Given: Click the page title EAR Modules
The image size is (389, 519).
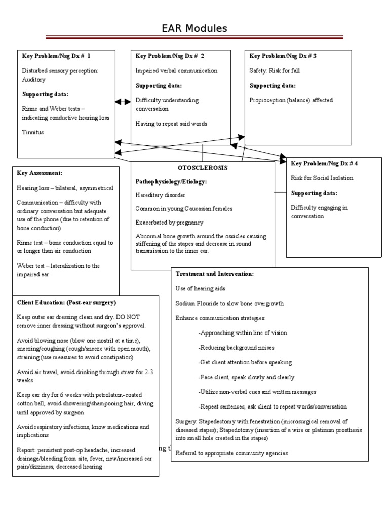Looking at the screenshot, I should click(x=194, y=28).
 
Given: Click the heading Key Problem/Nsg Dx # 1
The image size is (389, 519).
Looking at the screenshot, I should click(x=56, y=56).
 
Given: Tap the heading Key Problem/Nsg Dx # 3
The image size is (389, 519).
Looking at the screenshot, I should click(x=283, y=56).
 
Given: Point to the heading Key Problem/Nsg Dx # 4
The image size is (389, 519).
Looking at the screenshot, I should click(x=325, y=163).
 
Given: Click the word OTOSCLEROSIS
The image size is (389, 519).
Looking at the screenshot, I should click(x=203, y=168).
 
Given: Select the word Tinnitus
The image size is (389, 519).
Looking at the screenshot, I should click(x=33, y=132).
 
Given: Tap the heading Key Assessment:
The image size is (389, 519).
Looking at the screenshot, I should click(x=40, y=173).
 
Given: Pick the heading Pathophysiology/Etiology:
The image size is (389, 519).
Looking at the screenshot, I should click(x=171, y=181).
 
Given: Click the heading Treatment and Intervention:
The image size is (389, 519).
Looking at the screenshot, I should click(x=215, y=274).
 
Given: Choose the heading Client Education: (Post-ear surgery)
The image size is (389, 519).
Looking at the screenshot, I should click(x=66, y=302).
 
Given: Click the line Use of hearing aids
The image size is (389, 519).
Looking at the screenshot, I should click(x=201, y=288).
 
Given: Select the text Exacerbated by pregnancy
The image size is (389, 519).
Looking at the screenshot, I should click(x=169, y=223).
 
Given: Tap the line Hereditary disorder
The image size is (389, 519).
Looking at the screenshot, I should click(x=160, y=195).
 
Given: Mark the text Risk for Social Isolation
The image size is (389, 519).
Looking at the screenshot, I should click(x=322, y=178).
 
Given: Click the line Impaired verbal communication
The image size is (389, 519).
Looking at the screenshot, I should click(x=176, y=71).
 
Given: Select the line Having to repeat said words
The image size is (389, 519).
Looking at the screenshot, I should click(x=171, y=124).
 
